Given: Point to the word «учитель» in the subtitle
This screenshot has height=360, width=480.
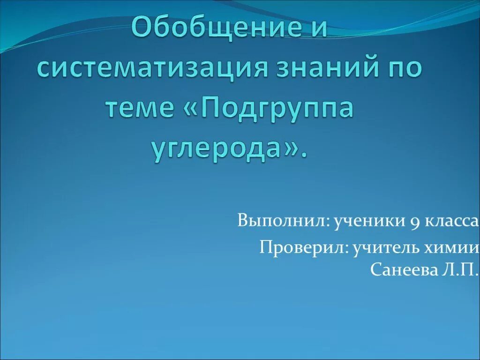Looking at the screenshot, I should click(380, 247).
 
